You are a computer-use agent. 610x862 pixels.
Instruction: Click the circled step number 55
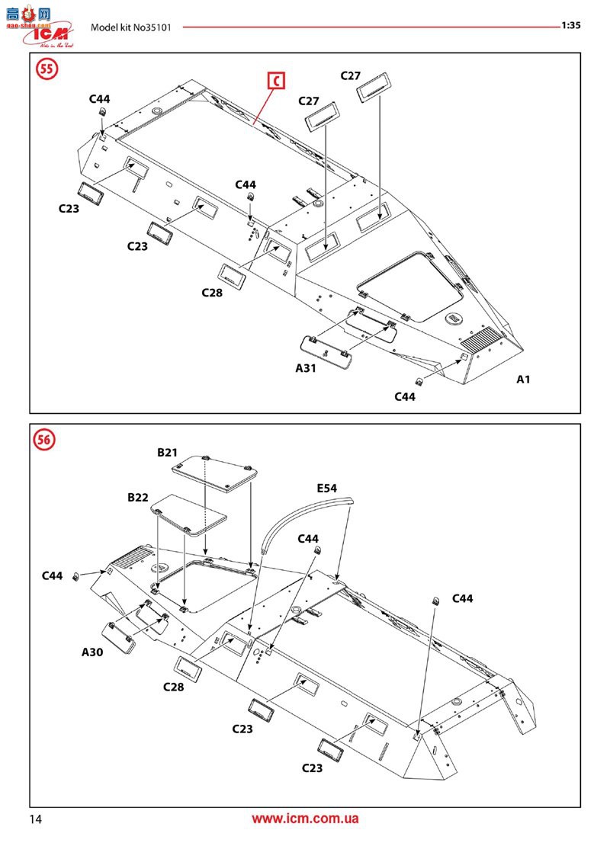point(47,69)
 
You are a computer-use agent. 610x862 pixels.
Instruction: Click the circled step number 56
point(46,440)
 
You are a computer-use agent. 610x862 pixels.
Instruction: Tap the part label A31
point(306,367)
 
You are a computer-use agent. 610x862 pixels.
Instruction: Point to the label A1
point(523,379)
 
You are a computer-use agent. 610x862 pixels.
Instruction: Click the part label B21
point(167,453)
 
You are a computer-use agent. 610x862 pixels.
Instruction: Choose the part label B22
point(138,497)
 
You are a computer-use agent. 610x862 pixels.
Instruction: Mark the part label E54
point(327,488)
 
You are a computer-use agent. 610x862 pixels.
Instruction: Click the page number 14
point(35,819)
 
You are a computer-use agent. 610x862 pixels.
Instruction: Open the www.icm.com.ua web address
point(305,819)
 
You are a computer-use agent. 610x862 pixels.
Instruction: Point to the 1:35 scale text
point(571,25)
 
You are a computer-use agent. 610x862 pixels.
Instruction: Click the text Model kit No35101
point(130,27)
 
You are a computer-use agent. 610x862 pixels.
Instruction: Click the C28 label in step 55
point(212,293)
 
